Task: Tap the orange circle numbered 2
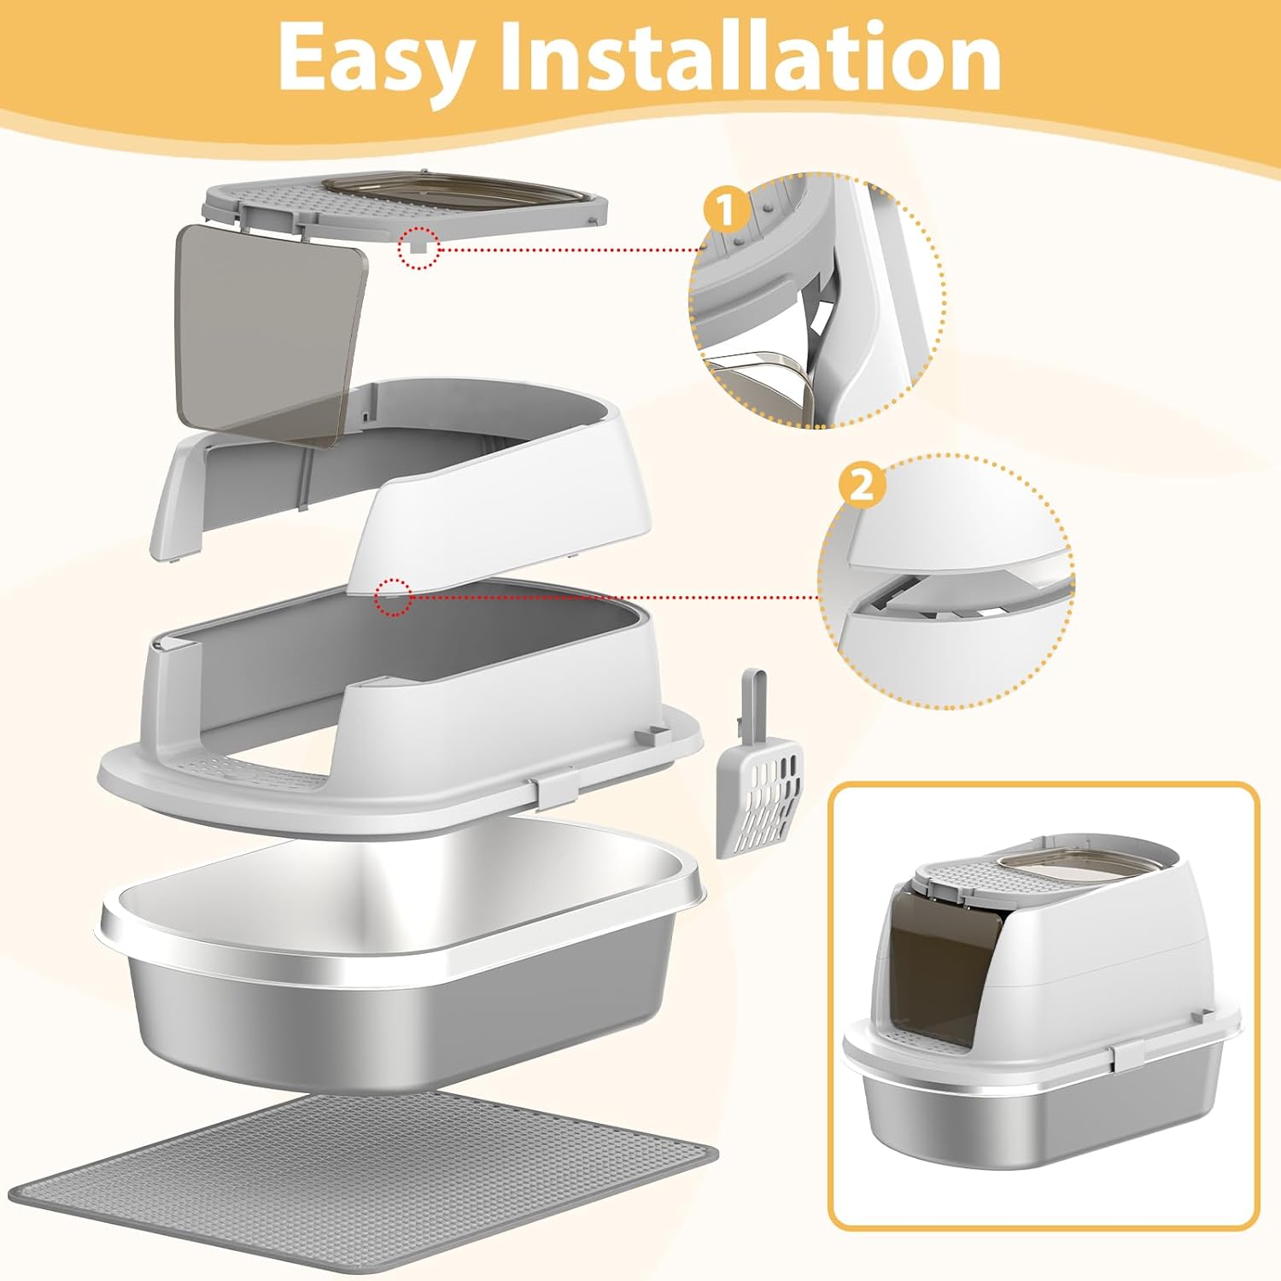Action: pos(862,486)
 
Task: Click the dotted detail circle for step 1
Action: pos(818,301)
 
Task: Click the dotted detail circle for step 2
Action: pos(946,580)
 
